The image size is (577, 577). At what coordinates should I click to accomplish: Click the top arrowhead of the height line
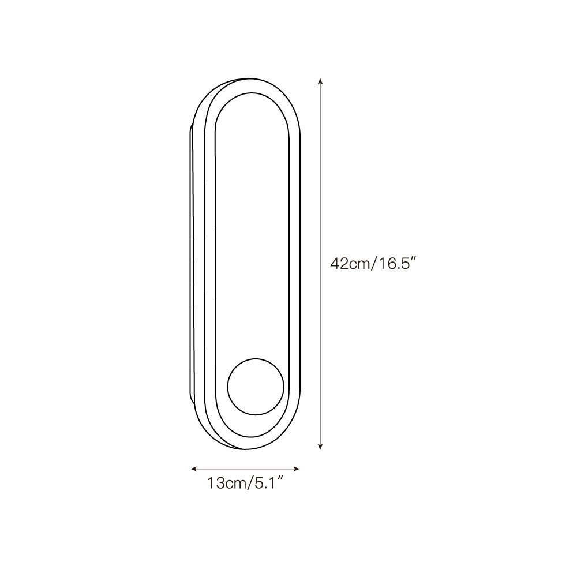point(320,82)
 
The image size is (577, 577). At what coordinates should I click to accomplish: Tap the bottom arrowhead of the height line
point(320,446)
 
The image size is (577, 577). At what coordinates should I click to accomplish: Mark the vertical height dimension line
point(320,264)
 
